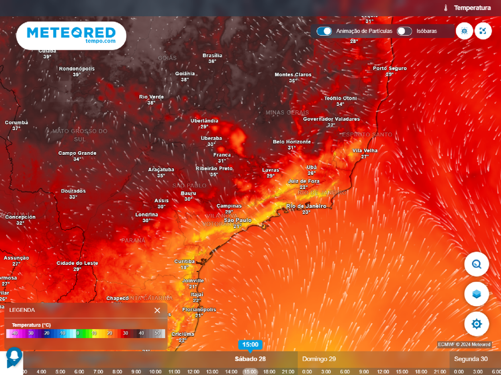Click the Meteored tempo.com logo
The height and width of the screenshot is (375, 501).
(71, 35)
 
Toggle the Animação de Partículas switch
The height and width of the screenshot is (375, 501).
(324, 31)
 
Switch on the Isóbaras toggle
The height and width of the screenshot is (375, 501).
(404, 31)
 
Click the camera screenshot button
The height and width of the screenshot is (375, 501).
(464, 31)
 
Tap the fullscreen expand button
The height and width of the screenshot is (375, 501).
(483, 31)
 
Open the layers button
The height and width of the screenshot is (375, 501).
(477, 294)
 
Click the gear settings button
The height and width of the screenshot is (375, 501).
(477, 324)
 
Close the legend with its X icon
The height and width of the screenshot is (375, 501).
(157, 310)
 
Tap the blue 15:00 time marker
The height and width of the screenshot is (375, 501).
(250, 345)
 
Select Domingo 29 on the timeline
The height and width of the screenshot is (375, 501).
(319, 359)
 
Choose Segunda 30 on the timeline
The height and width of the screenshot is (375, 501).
(471, 359)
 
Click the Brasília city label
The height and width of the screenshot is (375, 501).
(212, 55)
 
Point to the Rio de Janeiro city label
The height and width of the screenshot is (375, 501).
(306, 206)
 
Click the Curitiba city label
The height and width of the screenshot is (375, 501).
(184, 261)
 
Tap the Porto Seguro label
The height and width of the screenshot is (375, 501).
(390, 68)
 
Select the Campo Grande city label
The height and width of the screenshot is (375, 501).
(77, 153)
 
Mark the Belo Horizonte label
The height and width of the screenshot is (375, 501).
(292, 141)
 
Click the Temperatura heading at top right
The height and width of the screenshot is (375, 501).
(472, 8)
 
